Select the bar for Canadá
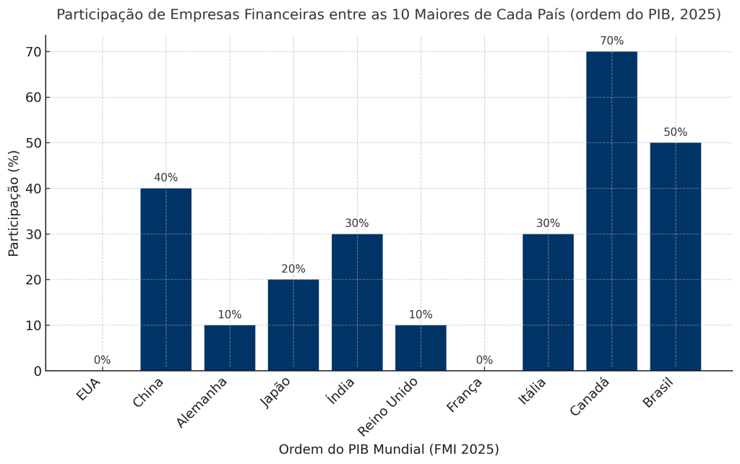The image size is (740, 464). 611,211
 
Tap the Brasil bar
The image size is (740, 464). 675,257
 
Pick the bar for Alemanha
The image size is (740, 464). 229,348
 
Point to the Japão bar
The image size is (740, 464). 293,325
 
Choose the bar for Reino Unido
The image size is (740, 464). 421,348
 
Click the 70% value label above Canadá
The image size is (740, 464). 611,41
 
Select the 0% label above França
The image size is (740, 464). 484,360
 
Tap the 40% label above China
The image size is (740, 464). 165,178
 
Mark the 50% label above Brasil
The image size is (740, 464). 675,132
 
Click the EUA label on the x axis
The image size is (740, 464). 89,390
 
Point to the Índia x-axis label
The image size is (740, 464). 342,391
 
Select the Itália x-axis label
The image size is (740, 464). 533,392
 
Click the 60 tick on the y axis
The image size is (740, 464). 33,98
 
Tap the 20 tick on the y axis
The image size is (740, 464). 33,280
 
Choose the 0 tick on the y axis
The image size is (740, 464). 38,371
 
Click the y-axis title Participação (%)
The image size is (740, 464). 14,203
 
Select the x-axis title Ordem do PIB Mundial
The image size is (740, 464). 389,450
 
